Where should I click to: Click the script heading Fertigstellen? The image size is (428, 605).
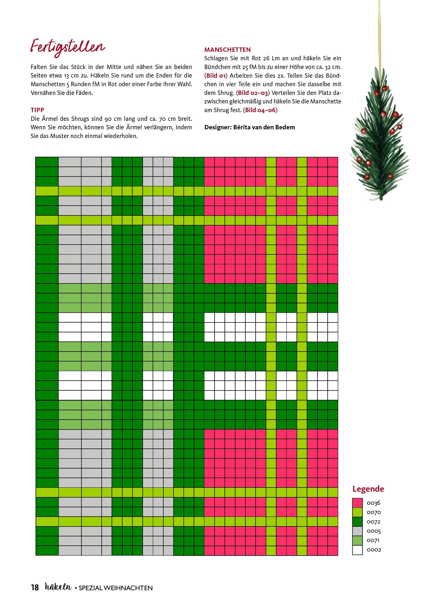(x=68, y=48)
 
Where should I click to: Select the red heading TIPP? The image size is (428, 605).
(x=38, y=110)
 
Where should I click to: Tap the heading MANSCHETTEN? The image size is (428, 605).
(x=227, y=49)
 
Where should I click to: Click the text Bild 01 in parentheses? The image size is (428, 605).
(x=216, y=76)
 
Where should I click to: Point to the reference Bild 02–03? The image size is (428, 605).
(x=253, y=93)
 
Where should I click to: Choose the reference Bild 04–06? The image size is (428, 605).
(x=260, y=110)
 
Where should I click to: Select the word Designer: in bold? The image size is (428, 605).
(x=218, y=127)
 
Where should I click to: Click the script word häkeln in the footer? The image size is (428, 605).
(x=58, y=587)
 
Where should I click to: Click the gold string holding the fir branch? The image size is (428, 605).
(x=380, y=32)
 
